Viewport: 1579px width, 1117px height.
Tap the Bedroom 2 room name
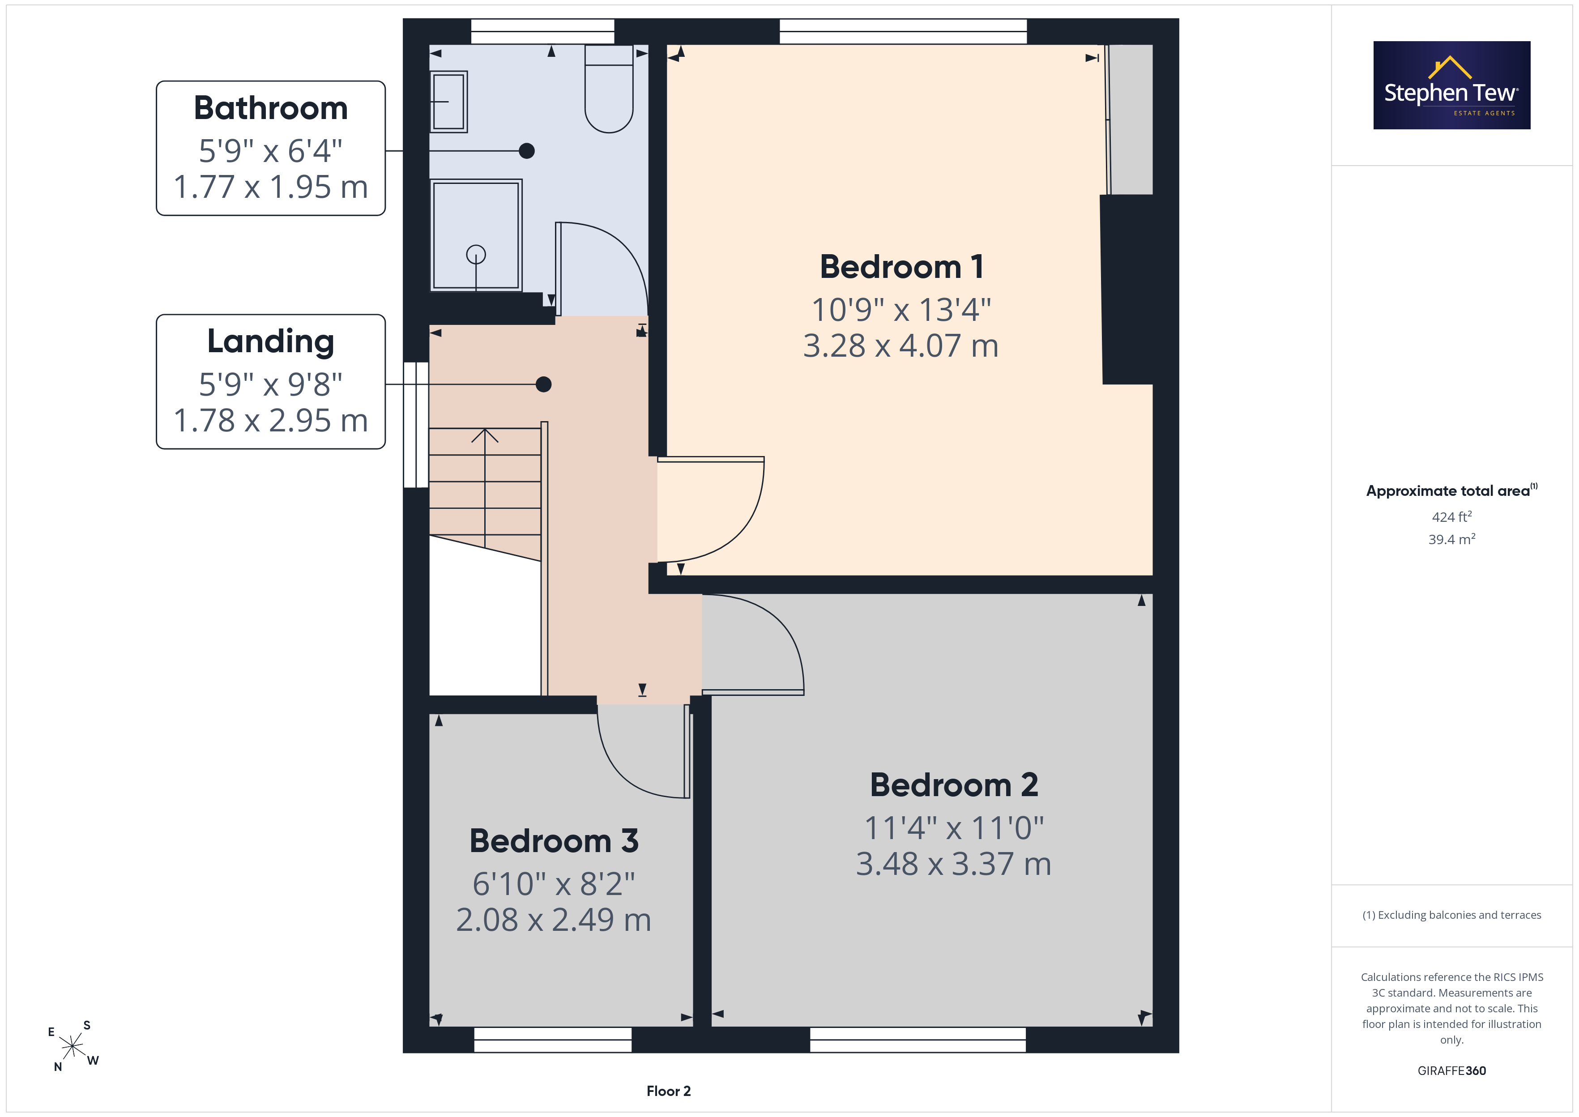954,785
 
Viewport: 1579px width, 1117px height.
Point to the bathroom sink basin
448,102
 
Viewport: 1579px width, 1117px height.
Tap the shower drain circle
476,255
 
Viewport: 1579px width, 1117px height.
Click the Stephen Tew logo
1452,85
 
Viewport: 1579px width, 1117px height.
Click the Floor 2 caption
669,1091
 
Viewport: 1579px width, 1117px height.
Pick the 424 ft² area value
1452,516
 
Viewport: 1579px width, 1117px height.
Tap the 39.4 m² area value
1452,539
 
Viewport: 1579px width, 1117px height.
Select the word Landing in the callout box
271,342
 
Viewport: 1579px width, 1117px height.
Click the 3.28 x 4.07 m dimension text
901,345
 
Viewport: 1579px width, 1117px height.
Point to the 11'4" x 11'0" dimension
954,828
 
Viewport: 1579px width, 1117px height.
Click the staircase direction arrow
485,488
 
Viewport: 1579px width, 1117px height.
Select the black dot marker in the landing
543,384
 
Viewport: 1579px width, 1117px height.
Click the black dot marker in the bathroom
527,151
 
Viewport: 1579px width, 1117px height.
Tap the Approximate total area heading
1452,490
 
